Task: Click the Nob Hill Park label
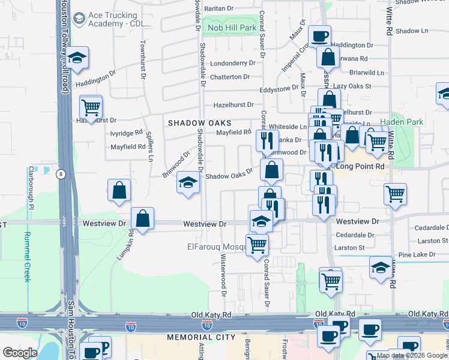pyautogui.click(x=231, y=28)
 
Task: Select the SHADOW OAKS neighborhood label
pyautogui.click(x=199, y=122)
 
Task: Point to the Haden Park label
pyautogui.click(x=406, y=122)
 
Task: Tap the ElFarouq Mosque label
pyautogui.click(x=215, y=247)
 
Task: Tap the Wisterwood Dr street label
pyautogui.click(x=223, y=275)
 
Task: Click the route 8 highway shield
pyautogui.click(x=61, y=174)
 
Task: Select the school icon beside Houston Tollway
pyautogui.click(x=77, y=58)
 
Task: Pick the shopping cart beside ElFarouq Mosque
pyautogui.click(x=257, y=244)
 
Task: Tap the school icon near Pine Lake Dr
pyautogui.click(x=381, y=266)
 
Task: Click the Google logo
pyautogui.click(x=20, y=353)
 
